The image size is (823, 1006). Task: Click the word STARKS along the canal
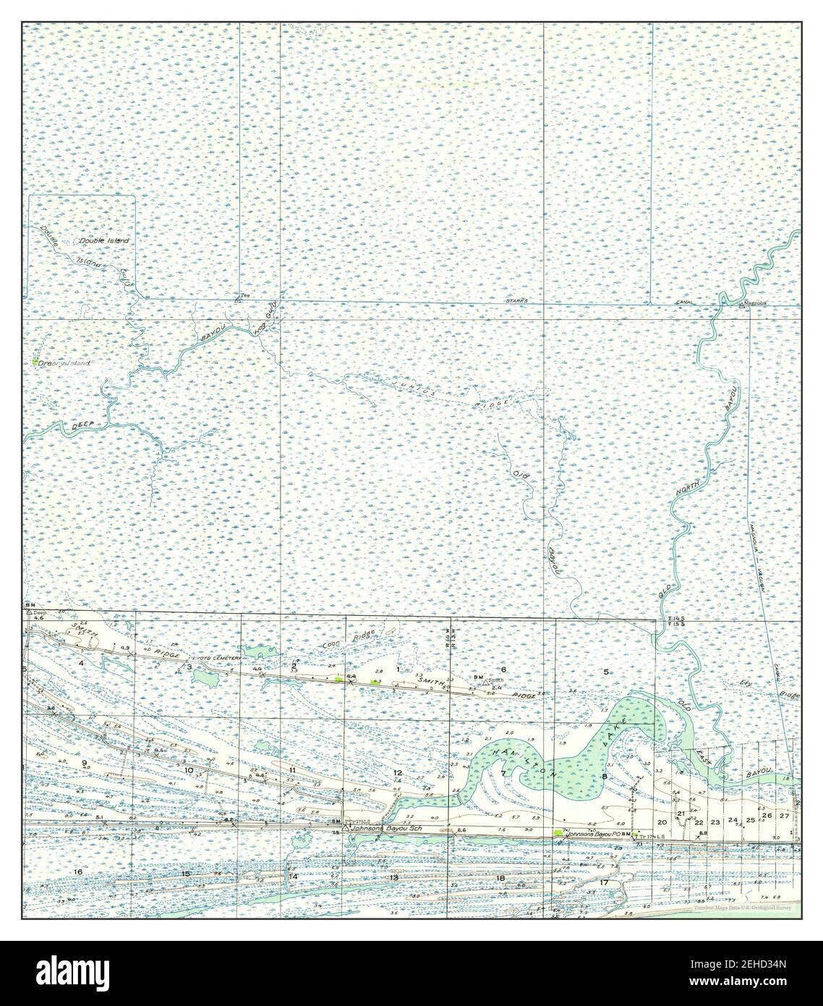(x=516, y=300)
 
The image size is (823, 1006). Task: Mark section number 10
(x=189, y=771)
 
